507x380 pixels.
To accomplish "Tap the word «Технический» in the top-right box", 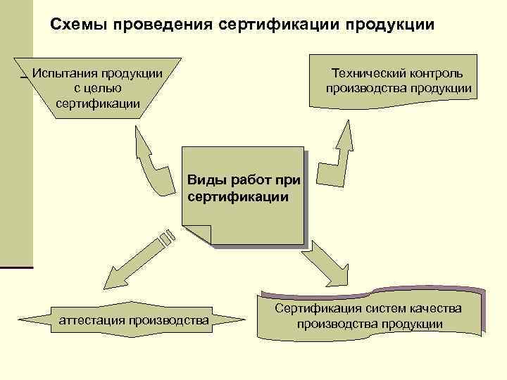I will [x=368, y=73].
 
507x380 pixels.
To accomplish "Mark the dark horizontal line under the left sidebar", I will [x=16, y=267].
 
